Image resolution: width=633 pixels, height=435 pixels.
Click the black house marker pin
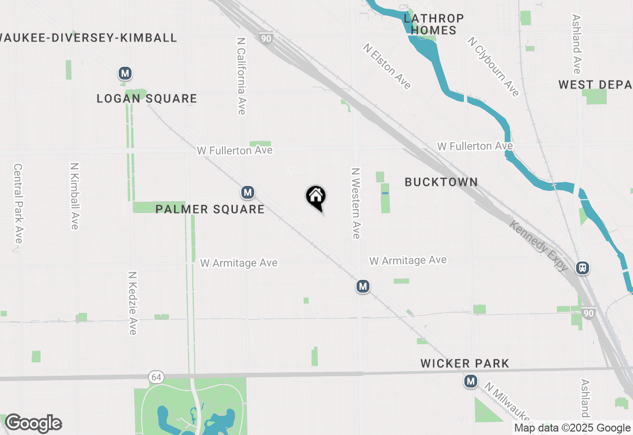316,197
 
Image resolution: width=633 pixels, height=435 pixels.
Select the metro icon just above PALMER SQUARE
248,192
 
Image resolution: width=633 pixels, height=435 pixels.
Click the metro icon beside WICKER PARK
471,381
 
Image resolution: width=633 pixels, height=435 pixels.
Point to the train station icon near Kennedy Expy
583,268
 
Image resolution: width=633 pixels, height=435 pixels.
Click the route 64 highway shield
156,378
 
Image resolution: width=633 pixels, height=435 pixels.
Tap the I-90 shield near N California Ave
267,38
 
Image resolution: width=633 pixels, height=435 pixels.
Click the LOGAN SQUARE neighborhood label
147,99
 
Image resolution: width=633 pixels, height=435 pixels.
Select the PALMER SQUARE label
210,209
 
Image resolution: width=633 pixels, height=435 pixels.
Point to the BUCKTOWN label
441,182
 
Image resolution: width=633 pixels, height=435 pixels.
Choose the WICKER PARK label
464,364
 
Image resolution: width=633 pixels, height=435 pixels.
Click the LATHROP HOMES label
434,25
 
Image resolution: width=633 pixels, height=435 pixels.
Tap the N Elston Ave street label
387,66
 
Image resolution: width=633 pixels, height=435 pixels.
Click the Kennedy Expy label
539,245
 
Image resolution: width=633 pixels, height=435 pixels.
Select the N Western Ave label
355,203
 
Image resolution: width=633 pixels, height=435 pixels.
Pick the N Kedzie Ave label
132,303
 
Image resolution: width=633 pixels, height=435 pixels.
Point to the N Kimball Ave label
75,196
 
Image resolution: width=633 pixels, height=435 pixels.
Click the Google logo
33,423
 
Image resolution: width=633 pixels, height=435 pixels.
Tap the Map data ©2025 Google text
572,428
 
